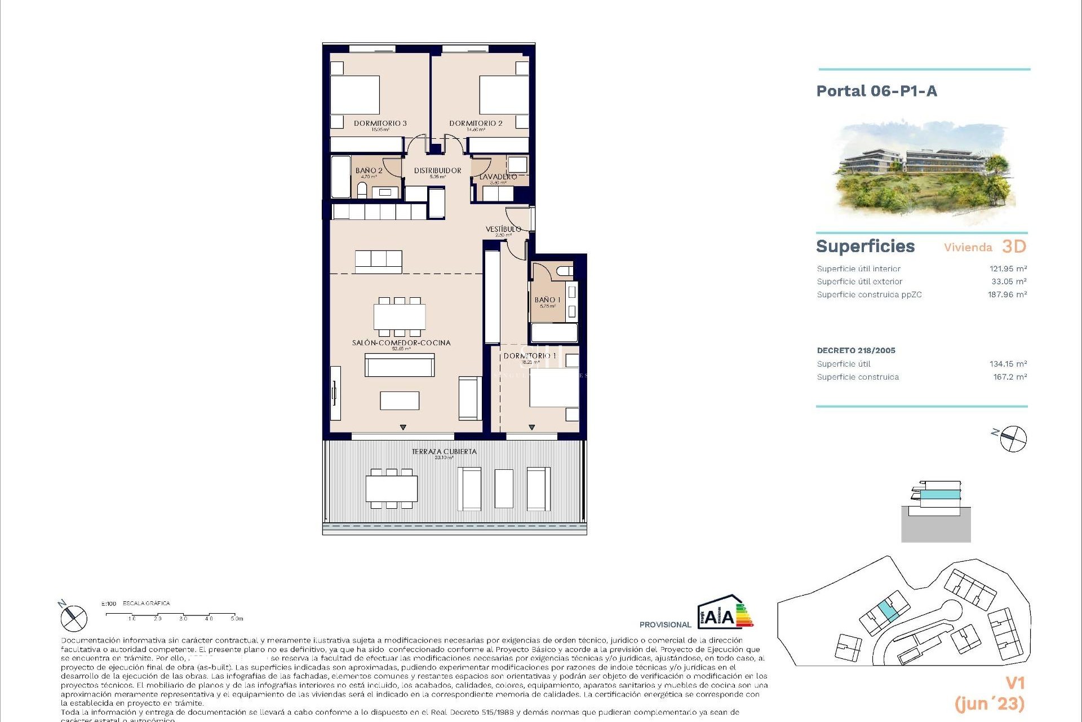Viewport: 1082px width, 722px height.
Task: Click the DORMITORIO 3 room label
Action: [380, 124]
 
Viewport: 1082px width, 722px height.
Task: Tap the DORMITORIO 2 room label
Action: [476, 124]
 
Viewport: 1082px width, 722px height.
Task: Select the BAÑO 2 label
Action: [369, 170]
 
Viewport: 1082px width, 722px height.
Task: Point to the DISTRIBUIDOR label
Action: [437, 170]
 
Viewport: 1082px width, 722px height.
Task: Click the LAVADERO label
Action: [498, 177]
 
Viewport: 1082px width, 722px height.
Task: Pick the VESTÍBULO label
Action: [503, 229]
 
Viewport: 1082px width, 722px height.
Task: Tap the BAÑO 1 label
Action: [547, 300]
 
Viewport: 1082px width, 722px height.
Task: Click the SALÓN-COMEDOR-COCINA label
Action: [401, 343]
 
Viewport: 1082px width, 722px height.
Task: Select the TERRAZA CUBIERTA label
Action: [444, 452]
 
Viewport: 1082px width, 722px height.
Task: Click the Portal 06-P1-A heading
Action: [876, 91]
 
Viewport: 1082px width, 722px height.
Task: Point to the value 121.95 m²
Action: [1008, 269]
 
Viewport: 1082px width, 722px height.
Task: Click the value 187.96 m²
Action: [1007, 294]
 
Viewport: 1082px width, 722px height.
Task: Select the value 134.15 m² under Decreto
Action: [1008, 364]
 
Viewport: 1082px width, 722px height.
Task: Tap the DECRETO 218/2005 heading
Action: [855, 350]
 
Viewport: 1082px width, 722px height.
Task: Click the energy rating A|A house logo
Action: [725, 613]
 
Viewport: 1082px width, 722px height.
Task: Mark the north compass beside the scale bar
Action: [73, 617]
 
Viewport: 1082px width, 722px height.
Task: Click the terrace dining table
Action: [392, 488]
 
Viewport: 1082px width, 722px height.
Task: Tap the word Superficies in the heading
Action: [865, 246]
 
